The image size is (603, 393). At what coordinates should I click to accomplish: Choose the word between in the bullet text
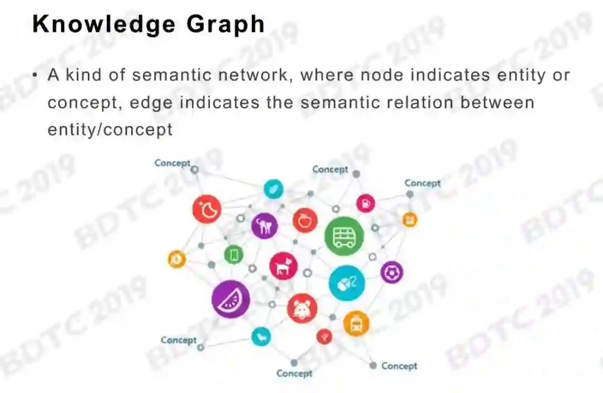pos(498,103)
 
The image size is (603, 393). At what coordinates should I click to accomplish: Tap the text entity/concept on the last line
pos(110,130)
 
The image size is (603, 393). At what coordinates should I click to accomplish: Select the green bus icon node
pos(344,236)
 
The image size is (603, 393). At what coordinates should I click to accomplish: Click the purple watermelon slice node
pos(230,300)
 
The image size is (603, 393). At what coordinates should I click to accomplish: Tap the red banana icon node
pos(207,209)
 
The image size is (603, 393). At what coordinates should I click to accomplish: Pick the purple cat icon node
pos(264,226)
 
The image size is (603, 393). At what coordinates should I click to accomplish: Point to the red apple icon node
pos(305,221)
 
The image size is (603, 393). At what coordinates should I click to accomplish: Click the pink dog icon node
pos(283,265)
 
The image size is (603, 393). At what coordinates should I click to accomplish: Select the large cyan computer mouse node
pos(347,283)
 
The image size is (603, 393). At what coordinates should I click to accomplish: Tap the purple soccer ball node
pos(392,272)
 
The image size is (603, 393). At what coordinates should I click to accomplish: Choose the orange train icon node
pos(356,323)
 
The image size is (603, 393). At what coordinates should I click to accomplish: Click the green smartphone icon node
pos(233,255)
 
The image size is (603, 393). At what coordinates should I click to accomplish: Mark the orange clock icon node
pos(177,259)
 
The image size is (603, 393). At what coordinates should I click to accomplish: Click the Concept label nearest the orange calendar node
pos(422,183)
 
